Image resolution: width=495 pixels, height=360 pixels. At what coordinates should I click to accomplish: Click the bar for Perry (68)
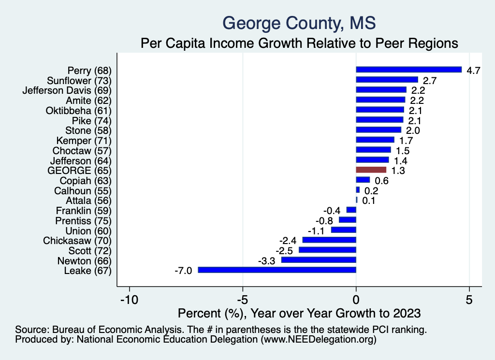pos(408,70)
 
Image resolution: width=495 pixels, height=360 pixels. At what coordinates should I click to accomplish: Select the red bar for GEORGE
pos(371,170)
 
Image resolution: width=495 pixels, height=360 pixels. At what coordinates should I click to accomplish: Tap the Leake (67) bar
pos(277,270)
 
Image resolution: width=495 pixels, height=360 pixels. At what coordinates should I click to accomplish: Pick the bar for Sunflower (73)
pos(387,80)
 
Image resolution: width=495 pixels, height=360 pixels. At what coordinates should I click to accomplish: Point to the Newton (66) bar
pos(319,260)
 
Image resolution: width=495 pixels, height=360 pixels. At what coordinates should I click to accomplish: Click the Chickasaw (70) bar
pos(329,240)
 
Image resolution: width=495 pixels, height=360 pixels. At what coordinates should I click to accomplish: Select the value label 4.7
pos(473,70)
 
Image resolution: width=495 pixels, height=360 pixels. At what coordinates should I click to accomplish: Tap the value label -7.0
pos(184,271)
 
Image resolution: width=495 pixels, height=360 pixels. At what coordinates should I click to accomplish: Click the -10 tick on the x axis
pos(129,300)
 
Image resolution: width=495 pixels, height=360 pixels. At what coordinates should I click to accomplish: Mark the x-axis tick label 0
pos(356,300)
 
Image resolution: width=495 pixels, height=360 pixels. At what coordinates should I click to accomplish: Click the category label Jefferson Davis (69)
pos(67,90)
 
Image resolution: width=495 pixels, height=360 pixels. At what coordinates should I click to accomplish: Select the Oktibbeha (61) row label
pos(78,110)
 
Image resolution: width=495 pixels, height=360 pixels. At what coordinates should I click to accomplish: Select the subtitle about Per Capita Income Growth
pos(299,43)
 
